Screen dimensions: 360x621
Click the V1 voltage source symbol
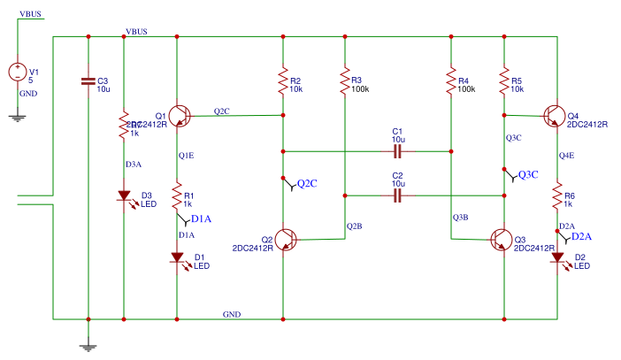point(18,72)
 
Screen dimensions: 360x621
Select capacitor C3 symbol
point(88,81)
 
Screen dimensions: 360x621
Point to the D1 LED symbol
point(177,258)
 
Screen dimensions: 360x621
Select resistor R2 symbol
point(283,82)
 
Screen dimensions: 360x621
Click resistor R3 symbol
point(345,82)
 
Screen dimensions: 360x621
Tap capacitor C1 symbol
point(397,151)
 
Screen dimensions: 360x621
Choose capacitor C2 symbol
point(397,195)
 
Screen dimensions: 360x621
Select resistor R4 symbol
point(451,82)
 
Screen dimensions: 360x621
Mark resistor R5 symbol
point(504,82)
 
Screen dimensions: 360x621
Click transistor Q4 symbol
point(555,115)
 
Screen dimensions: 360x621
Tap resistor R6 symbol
point(557,195)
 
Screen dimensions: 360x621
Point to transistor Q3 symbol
point(502,239)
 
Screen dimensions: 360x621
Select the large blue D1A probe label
point(201,218)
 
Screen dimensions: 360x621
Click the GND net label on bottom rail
point(232,314)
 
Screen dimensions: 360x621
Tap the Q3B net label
point(460,218)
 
